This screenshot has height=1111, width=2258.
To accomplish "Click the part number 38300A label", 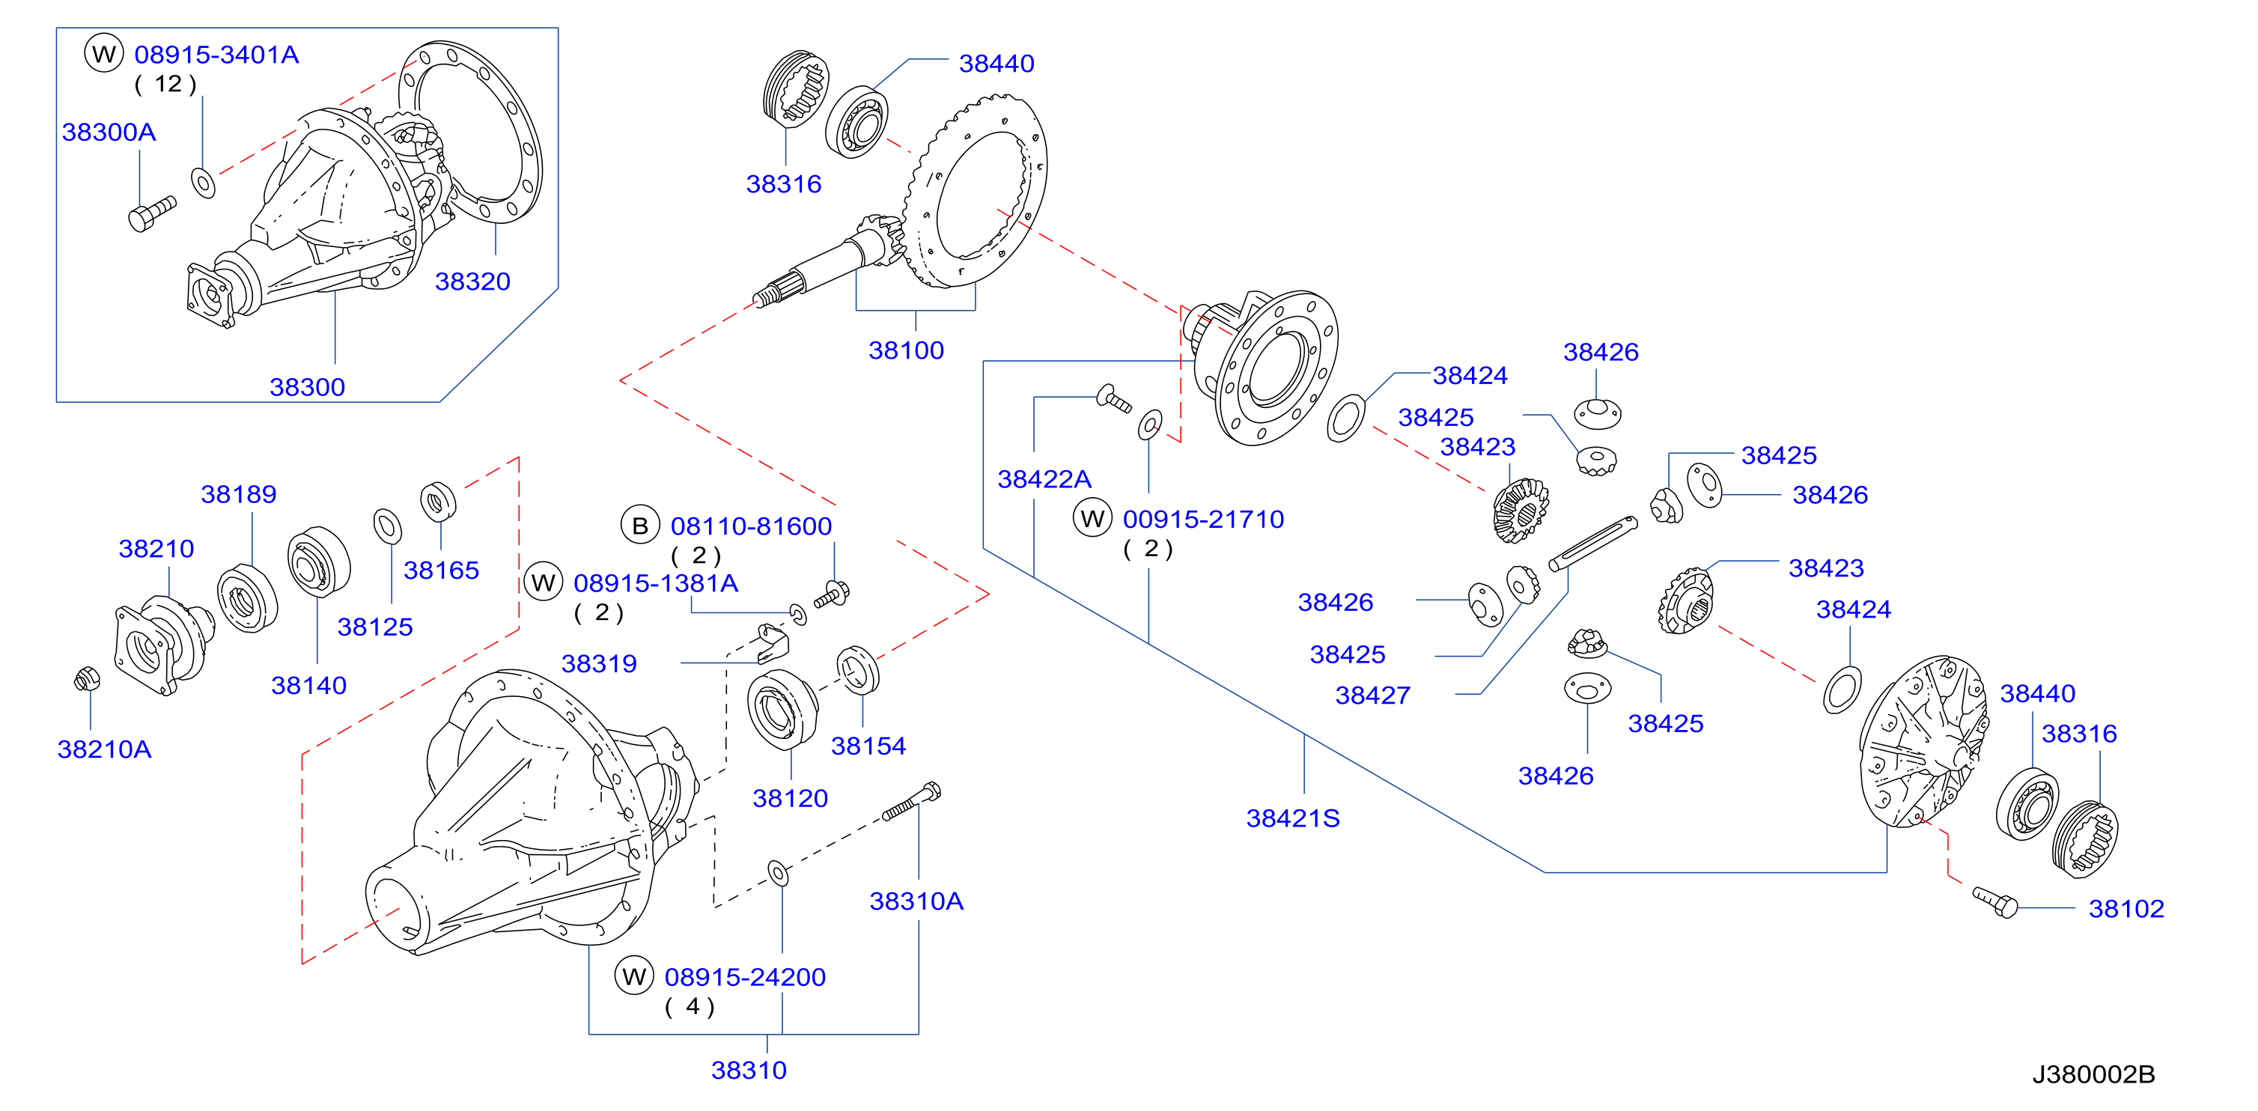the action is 109,133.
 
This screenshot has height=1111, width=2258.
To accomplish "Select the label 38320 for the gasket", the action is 472,281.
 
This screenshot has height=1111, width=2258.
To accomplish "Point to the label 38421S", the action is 1293,818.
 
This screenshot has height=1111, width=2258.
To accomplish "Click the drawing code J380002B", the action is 2093,1074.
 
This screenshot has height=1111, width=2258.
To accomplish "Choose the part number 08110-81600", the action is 751,526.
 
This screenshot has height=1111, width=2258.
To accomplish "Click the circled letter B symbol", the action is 640,526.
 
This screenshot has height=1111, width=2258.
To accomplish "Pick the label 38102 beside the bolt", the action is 2126,909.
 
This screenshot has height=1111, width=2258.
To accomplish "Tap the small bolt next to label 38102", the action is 1995,901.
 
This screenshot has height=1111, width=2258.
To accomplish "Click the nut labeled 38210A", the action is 87,679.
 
